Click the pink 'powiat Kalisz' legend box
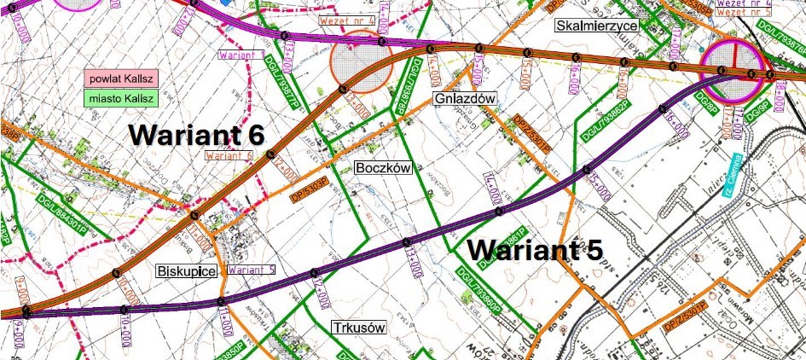[121, 78]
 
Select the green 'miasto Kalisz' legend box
[121, 98]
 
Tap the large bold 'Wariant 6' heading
[197, 135]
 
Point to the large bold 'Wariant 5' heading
[536, 250]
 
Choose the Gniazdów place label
[465, 99]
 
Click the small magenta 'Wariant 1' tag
[241, 54]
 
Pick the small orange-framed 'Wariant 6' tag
[230, 155]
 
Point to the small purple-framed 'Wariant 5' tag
[252, 270]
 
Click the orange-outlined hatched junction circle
[362, 61]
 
